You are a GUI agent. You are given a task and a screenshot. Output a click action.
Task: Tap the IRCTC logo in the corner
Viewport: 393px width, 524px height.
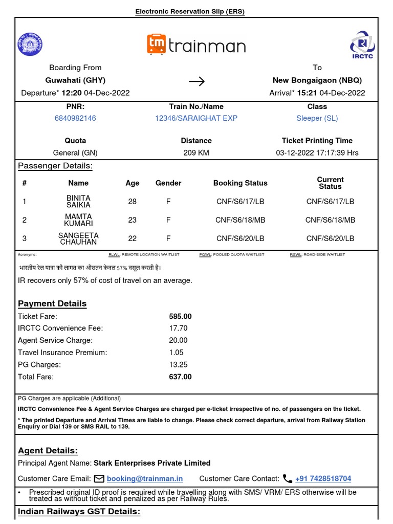pos(362,45)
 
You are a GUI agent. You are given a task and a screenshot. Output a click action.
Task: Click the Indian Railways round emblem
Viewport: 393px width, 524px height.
pos(30,44)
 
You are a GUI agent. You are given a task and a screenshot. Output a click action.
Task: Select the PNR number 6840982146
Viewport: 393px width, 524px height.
pos(75,118)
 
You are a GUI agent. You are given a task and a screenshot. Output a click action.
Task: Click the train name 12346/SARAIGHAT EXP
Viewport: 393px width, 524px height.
pos(196,118)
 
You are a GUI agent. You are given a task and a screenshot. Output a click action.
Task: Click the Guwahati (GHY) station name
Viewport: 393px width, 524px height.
pos(75,80)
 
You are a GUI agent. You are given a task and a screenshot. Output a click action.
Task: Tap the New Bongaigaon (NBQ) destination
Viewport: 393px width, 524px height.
pos(317,80)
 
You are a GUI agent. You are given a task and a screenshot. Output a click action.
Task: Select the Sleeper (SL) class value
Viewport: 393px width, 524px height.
pos(317,118)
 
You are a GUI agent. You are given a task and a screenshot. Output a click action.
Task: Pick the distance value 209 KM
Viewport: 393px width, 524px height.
pos(196,152)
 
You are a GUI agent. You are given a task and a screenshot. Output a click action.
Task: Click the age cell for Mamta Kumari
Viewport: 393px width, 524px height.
pos(132,220)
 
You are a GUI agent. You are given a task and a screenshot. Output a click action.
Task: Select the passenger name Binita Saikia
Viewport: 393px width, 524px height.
pos(78,201)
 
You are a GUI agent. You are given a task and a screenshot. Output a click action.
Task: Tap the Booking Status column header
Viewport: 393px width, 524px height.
pos(240,183)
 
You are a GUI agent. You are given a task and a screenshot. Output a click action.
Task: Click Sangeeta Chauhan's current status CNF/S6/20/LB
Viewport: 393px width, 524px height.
pos(330,238)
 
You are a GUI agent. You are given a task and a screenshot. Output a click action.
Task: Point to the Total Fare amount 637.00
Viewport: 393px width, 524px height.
pos(180,377)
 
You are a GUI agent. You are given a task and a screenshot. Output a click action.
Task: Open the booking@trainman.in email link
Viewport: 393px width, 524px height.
pos(144,479)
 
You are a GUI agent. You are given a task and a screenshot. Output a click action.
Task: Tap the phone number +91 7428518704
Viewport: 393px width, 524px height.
pos(323,479)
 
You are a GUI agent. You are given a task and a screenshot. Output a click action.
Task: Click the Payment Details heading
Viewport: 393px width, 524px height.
pos(52,303)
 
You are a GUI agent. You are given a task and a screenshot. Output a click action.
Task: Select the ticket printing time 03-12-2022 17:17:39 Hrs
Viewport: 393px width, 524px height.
pos(317,152)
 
